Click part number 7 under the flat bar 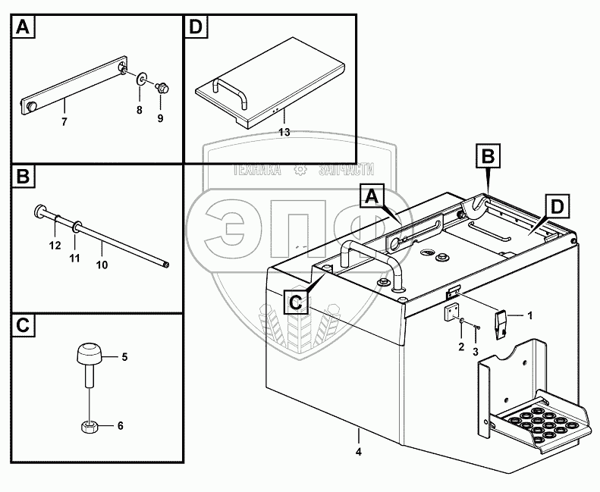click(64, 121)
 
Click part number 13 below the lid click(284, 132)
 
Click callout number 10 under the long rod click(102, 265)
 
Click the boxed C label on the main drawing click(297, 302)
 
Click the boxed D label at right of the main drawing click(555, 205)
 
